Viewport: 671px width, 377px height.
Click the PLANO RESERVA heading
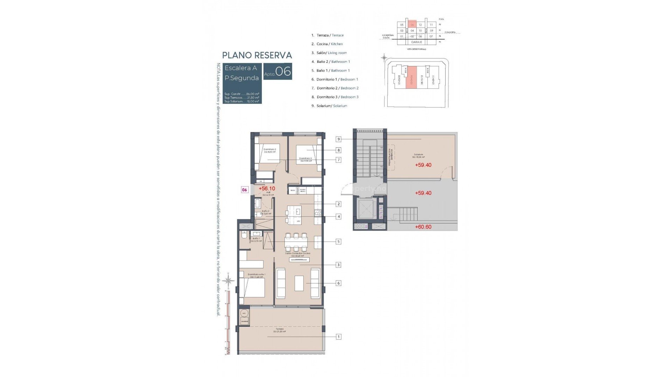(257, 55)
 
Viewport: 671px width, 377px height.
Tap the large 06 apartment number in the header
(283, 72)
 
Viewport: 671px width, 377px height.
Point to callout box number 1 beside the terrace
(338, 337)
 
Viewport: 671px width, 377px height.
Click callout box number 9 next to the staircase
(338, 139)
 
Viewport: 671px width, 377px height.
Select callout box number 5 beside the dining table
(338, 242)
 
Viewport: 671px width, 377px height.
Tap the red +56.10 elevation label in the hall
(267, 188)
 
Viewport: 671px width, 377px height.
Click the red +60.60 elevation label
(423, 227)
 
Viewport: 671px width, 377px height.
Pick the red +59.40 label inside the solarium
(423, 165)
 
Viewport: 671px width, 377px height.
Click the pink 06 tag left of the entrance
(245, 190)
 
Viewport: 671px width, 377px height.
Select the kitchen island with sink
(294, 215)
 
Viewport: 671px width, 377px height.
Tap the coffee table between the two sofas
(299, 283)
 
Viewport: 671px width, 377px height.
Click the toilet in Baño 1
(244, 235)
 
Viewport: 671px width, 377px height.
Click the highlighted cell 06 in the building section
(412, 25)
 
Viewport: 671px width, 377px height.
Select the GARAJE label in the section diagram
(416, 42)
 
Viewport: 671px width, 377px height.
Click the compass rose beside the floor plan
(229, 280)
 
